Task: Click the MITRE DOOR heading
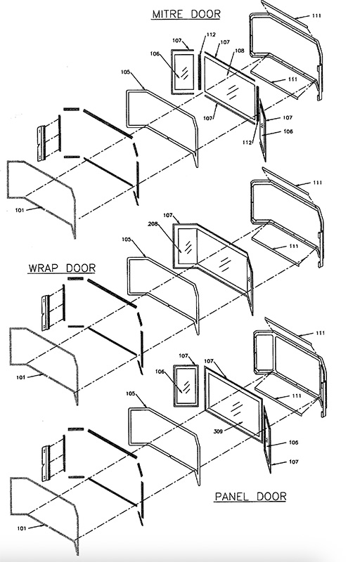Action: click(186, 14)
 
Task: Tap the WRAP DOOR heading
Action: click(62, 268)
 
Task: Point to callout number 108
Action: click(239, 51)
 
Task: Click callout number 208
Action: click(153, 224)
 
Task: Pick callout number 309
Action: click(218, 431)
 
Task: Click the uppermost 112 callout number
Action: click(211, 34)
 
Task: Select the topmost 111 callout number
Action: click(316, 15)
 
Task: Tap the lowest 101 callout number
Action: click(22, 528)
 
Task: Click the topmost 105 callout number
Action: click(125, 72)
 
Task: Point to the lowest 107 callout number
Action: click(293, 462)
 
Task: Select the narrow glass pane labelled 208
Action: click(187, 247)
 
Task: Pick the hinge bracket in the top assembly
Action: click(41, 143)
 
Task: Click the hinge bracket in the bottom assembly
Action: click(46, 463)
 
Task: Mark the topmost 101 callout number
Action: click(20, 210)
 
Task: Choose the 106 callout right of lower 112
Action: click(288, 131)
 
